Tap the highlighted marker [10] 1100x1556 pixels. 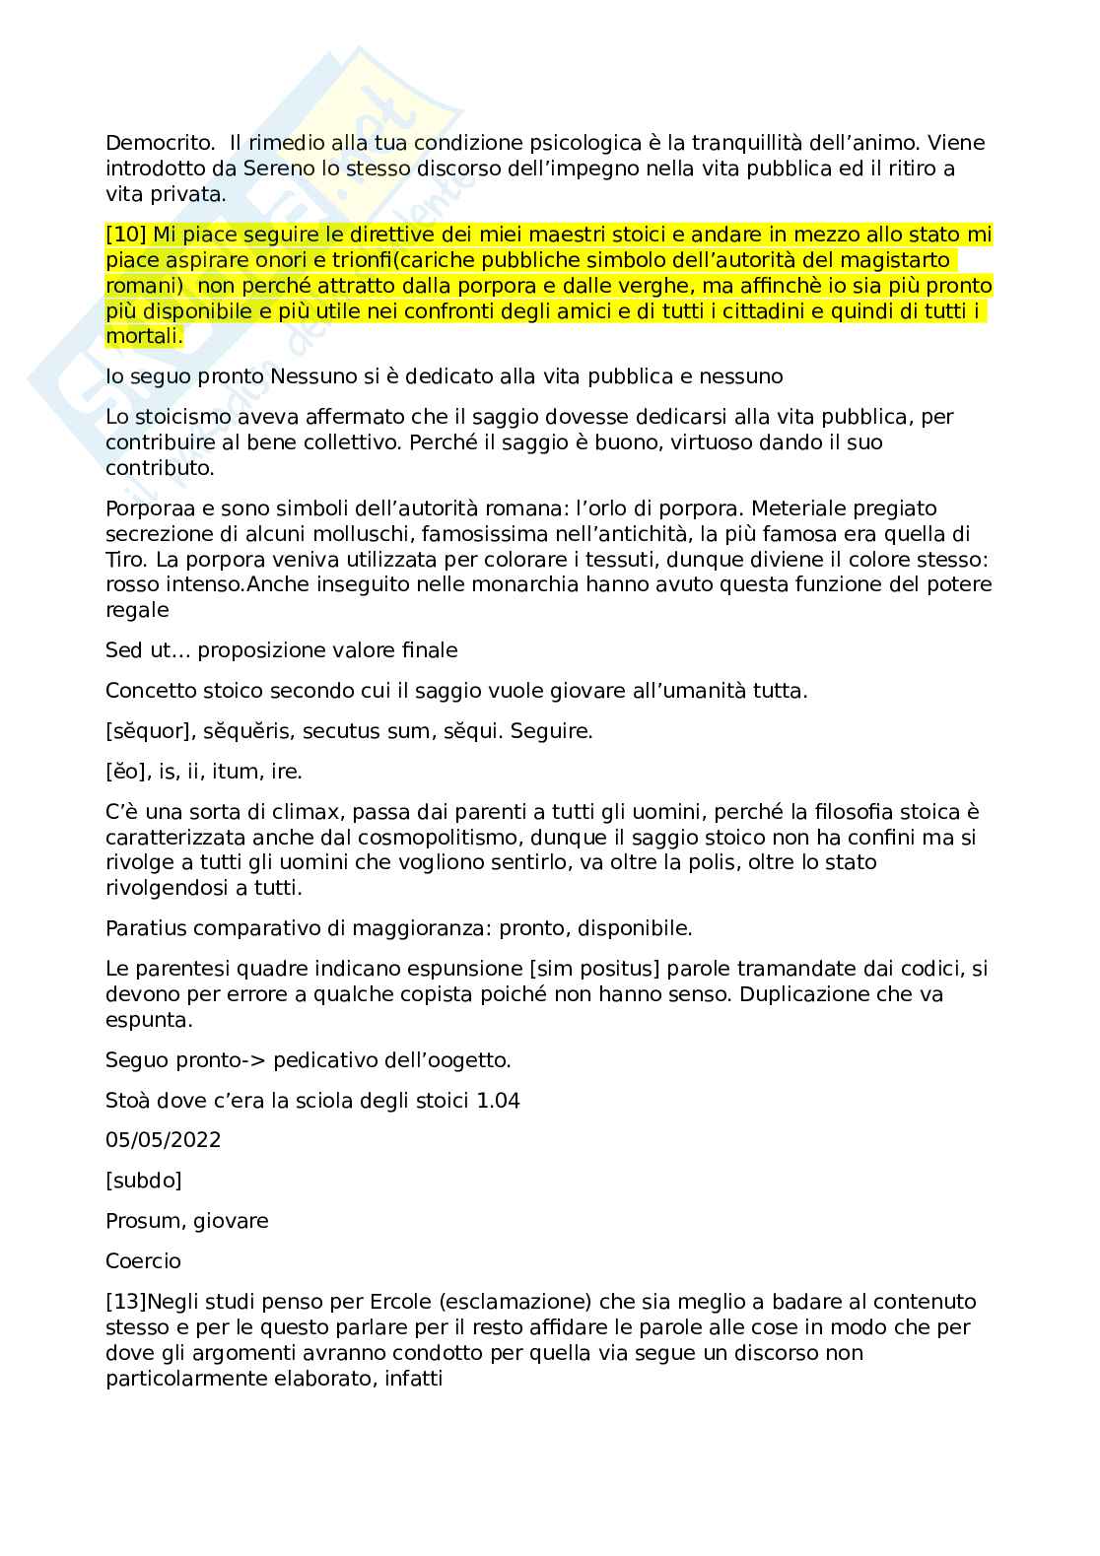[x=126, y=235]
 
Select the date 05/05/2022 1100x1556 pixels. [x=164, y=1140]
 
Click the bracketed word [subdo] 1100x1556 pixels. [x=144, y=1181]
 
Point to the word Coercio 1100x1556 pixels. [x=143, y=1261]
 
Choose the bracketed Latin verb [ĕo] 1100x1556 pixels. [x=121, y=772]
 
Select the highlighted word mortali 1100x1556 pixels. [x=142, y=336]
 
